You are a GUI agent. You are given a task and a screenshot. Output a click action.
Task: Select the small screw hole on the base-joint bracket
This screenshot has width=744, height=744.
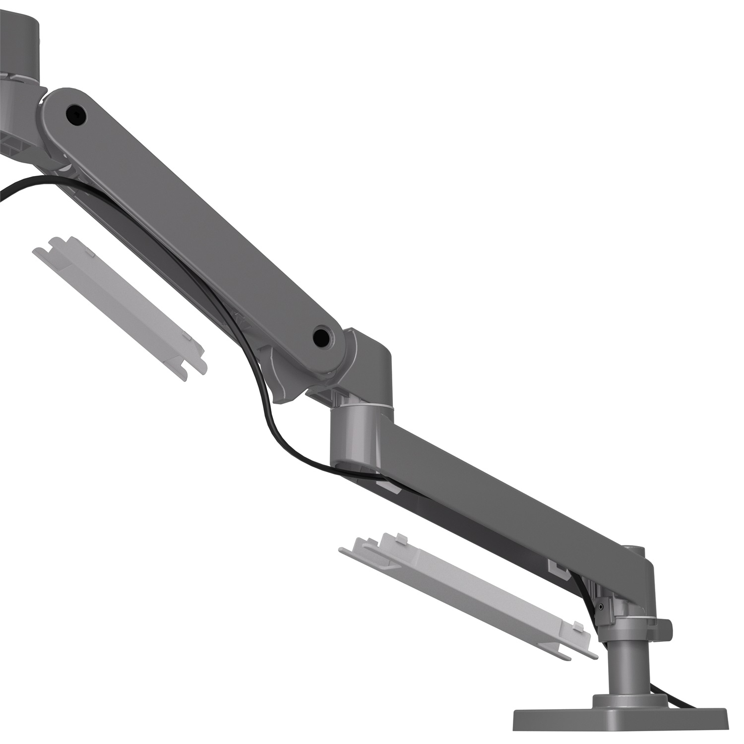click(x=602, y=606)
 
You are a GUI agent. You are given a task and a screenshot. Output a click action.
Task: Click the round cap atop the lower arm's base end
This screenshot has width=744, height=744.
click(x=634, y=550)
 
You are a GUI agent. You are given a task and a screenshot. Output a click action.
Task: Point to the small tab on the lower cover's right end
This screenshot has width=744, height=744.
click(x=578, y=625)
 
